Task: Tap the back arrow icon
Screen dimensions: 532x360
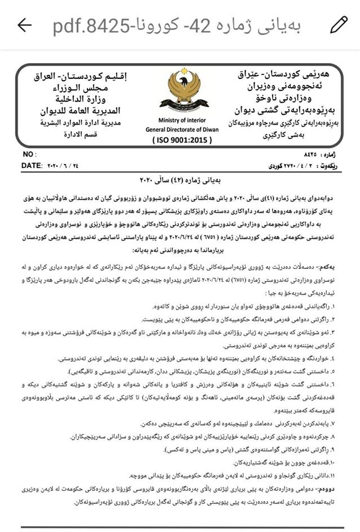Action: click(x=24, y=24)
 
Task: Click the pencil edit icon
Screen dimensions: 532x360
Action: click(x=339, y=24)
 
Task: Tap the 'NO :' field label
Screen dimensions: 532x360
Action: click(x=29, y=154)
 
